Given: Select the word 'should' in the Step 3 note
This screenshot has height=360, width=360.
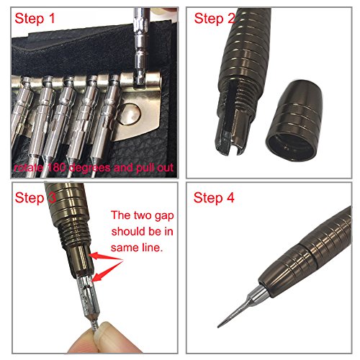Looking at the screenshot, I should [127, 232].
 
